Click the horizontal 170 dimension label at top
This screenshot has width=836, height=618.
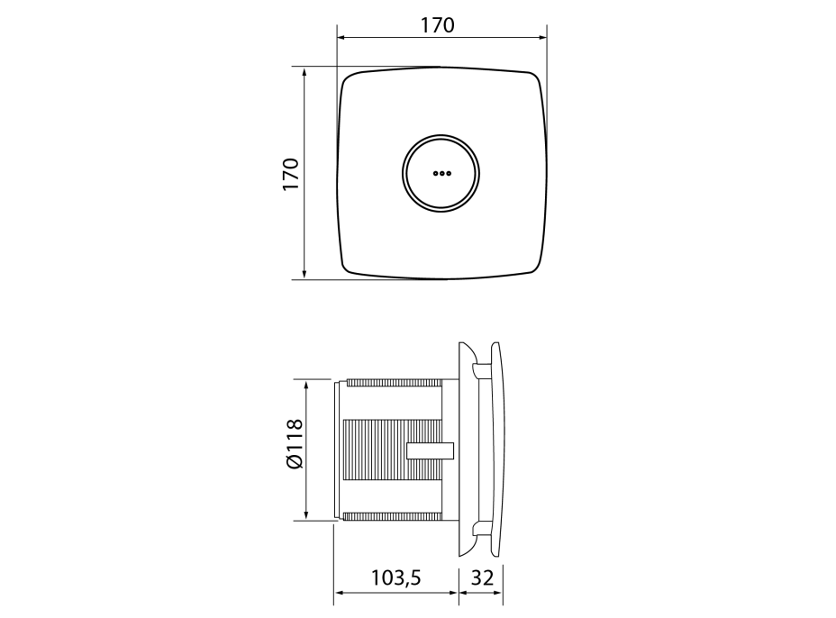pos(437,25)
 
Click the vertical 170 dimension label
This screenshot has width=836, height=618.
pos(291,174)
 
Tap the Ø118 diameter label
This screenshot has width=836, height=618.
pos(295,443)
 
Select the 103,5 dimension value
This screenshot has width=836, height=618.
pos(395,577)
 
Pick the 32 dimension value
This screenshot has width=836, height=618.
pos(482,577)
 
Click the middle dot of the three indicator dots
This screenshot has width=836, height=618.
pos(441,173)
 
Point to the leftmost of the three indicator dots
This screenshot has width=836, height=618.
pos(435,173)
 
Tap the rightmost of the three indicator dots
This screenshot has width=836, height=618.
pos(449,173)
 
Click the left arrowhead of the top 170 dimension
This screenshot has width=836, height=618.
pos(342,37)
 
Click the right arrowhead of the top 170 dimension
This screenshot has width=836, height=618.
pos(541,37)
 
